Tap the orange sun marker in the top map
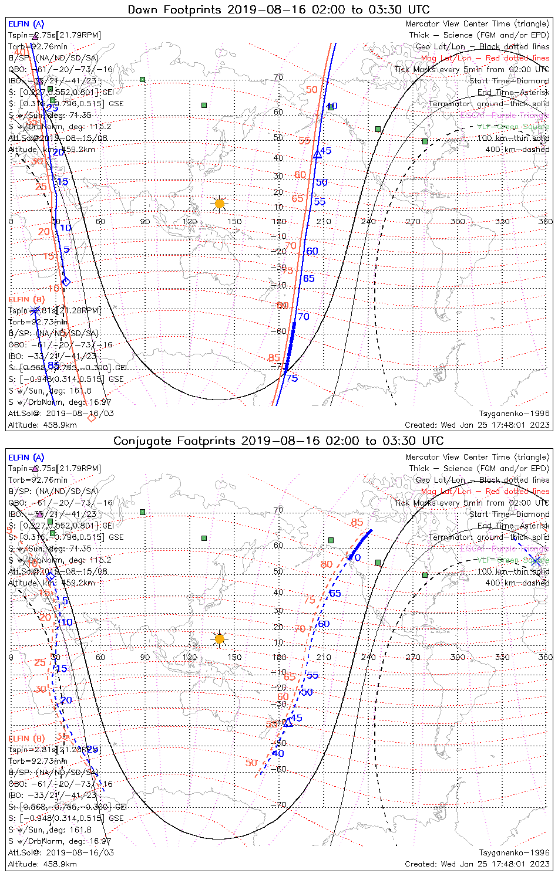coord(219,204)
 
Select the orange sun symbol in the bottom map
coord(219,638)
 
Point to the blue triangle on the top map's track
coord(318,154)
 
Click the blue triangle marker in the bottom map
coord(288,723)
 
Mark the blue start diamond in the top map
coord(66,282)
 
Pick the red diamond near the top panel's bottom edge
coord(91,418)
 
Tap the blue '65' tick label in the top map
coord(309,279)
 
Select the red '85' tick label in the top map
coord(274,358)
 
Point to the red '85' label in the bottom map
coord(357,522)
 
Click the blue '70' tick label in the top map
coord(303,317)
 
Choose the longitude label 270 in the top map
coord(413,221)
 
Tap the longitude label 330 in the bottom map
coord(502,657)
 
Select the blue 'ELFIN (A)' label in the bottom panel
coord(26,457)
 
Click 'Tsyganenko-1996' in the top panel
coord(515,413)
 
